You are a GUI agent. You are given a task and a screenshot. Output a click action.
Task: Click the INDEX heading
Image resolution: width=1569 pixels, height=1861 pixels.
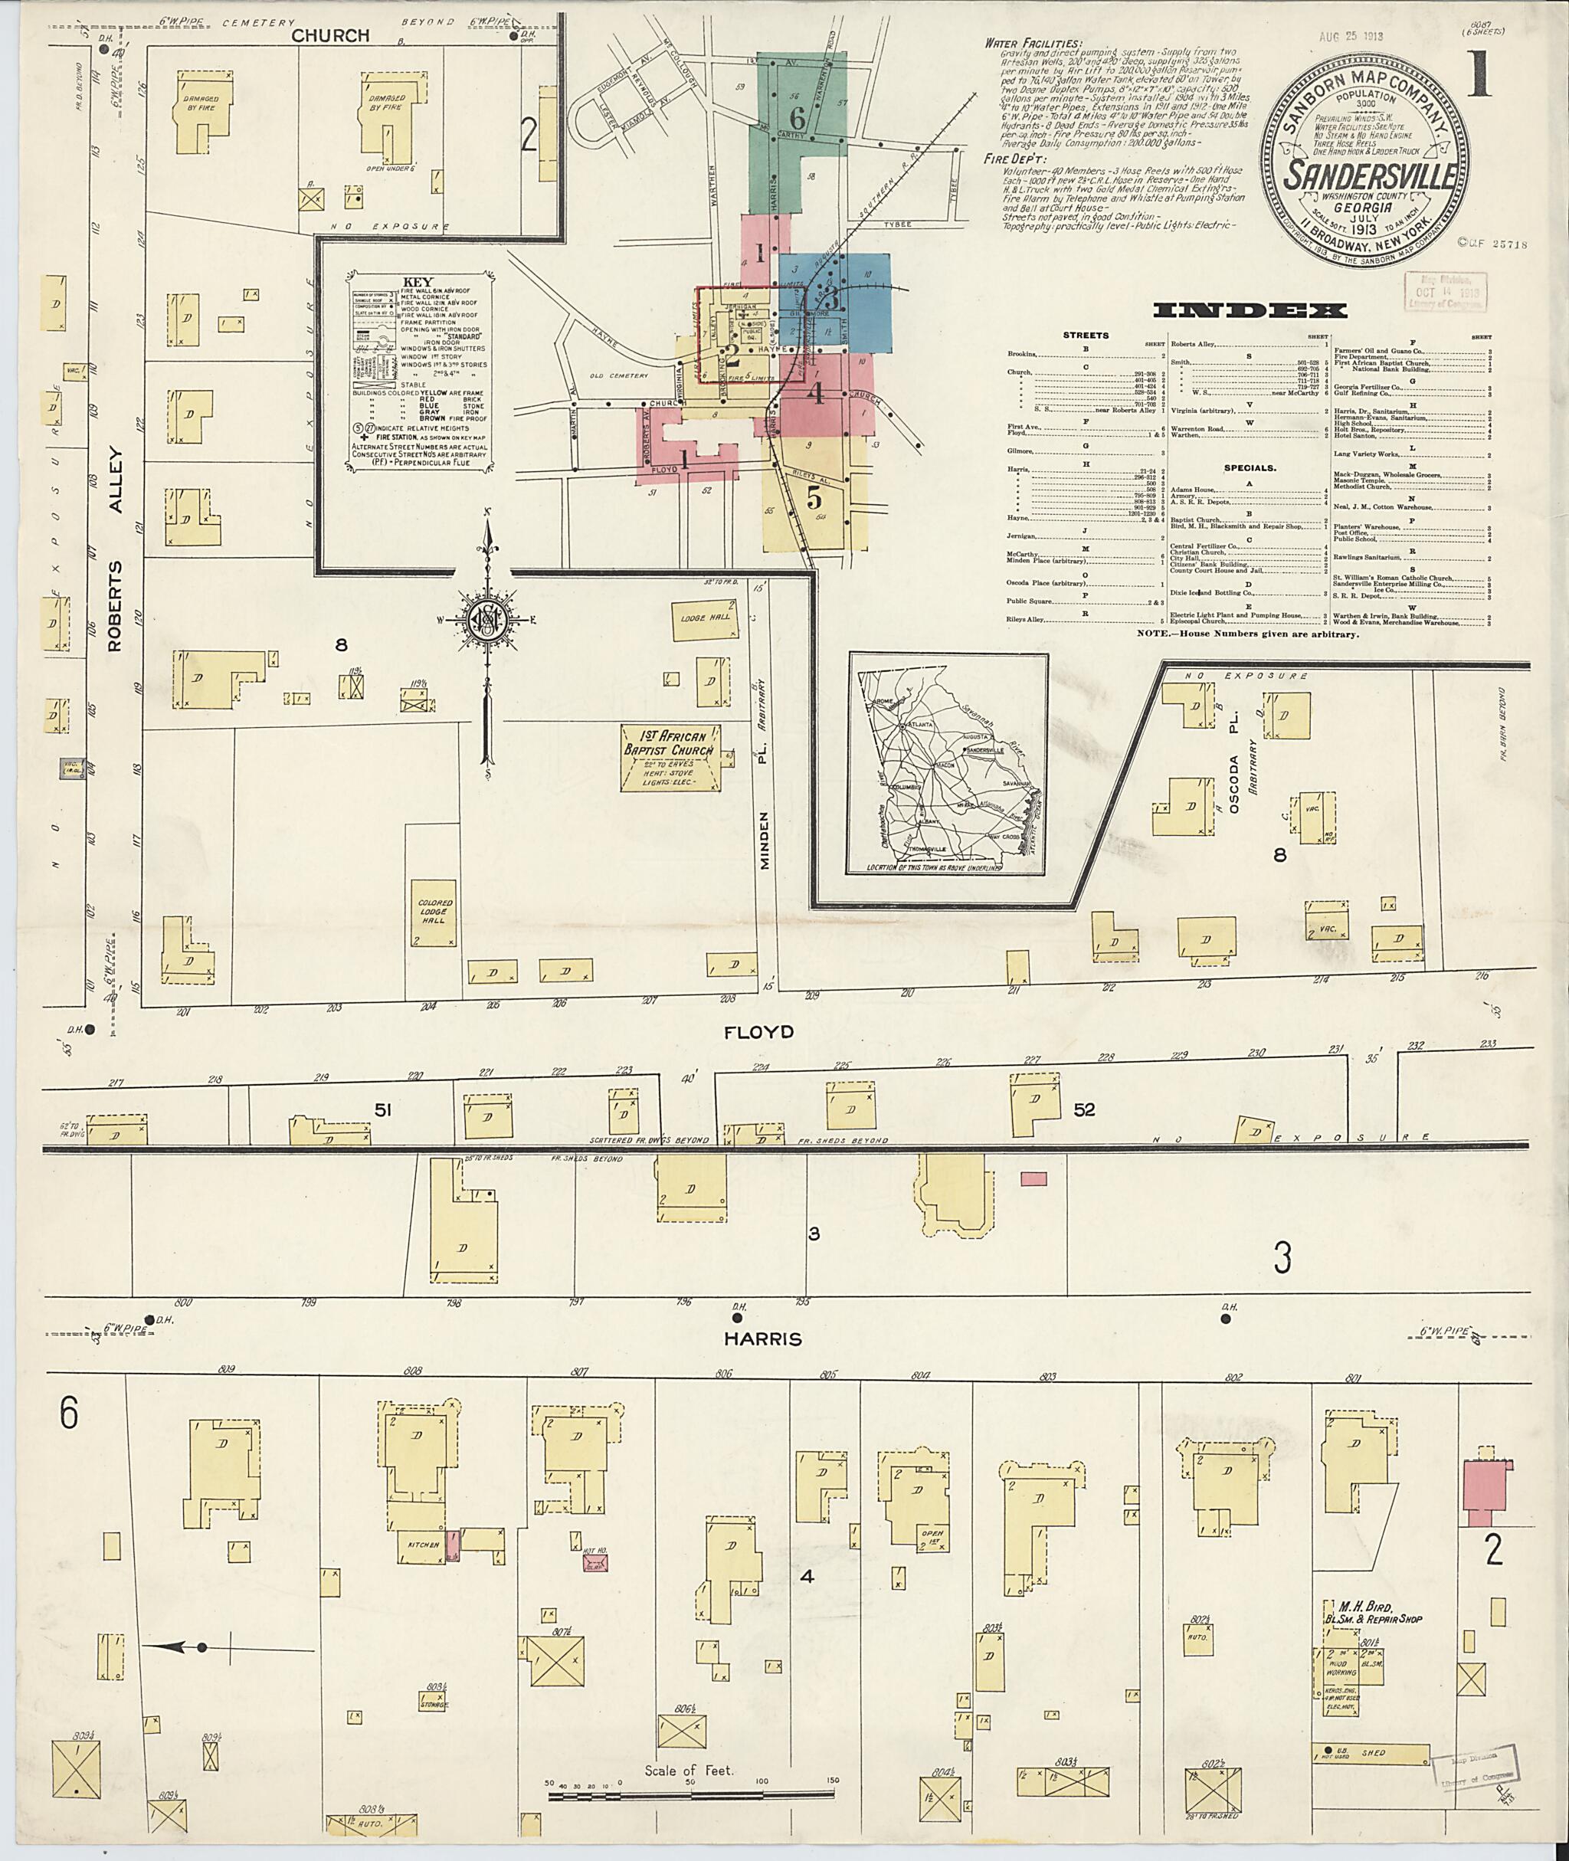click(1250, 310)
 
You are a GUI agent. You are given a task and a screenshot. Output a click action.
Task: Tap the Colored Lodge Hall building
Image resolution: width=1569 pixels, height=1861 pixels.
click(435, 912)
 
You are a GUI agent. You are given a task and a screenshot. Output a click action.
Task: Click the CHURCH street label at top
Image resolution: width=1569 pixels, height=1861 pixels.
click(330, 35)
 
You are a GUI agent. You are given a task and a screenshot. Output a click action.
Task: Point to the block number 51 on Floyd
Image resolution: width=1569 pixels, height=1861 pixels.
click(382, 1109)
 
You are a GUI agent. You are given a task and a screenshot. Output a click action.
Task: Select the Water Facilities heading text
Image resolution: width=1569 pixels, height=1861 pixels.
click(1033, 44)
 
